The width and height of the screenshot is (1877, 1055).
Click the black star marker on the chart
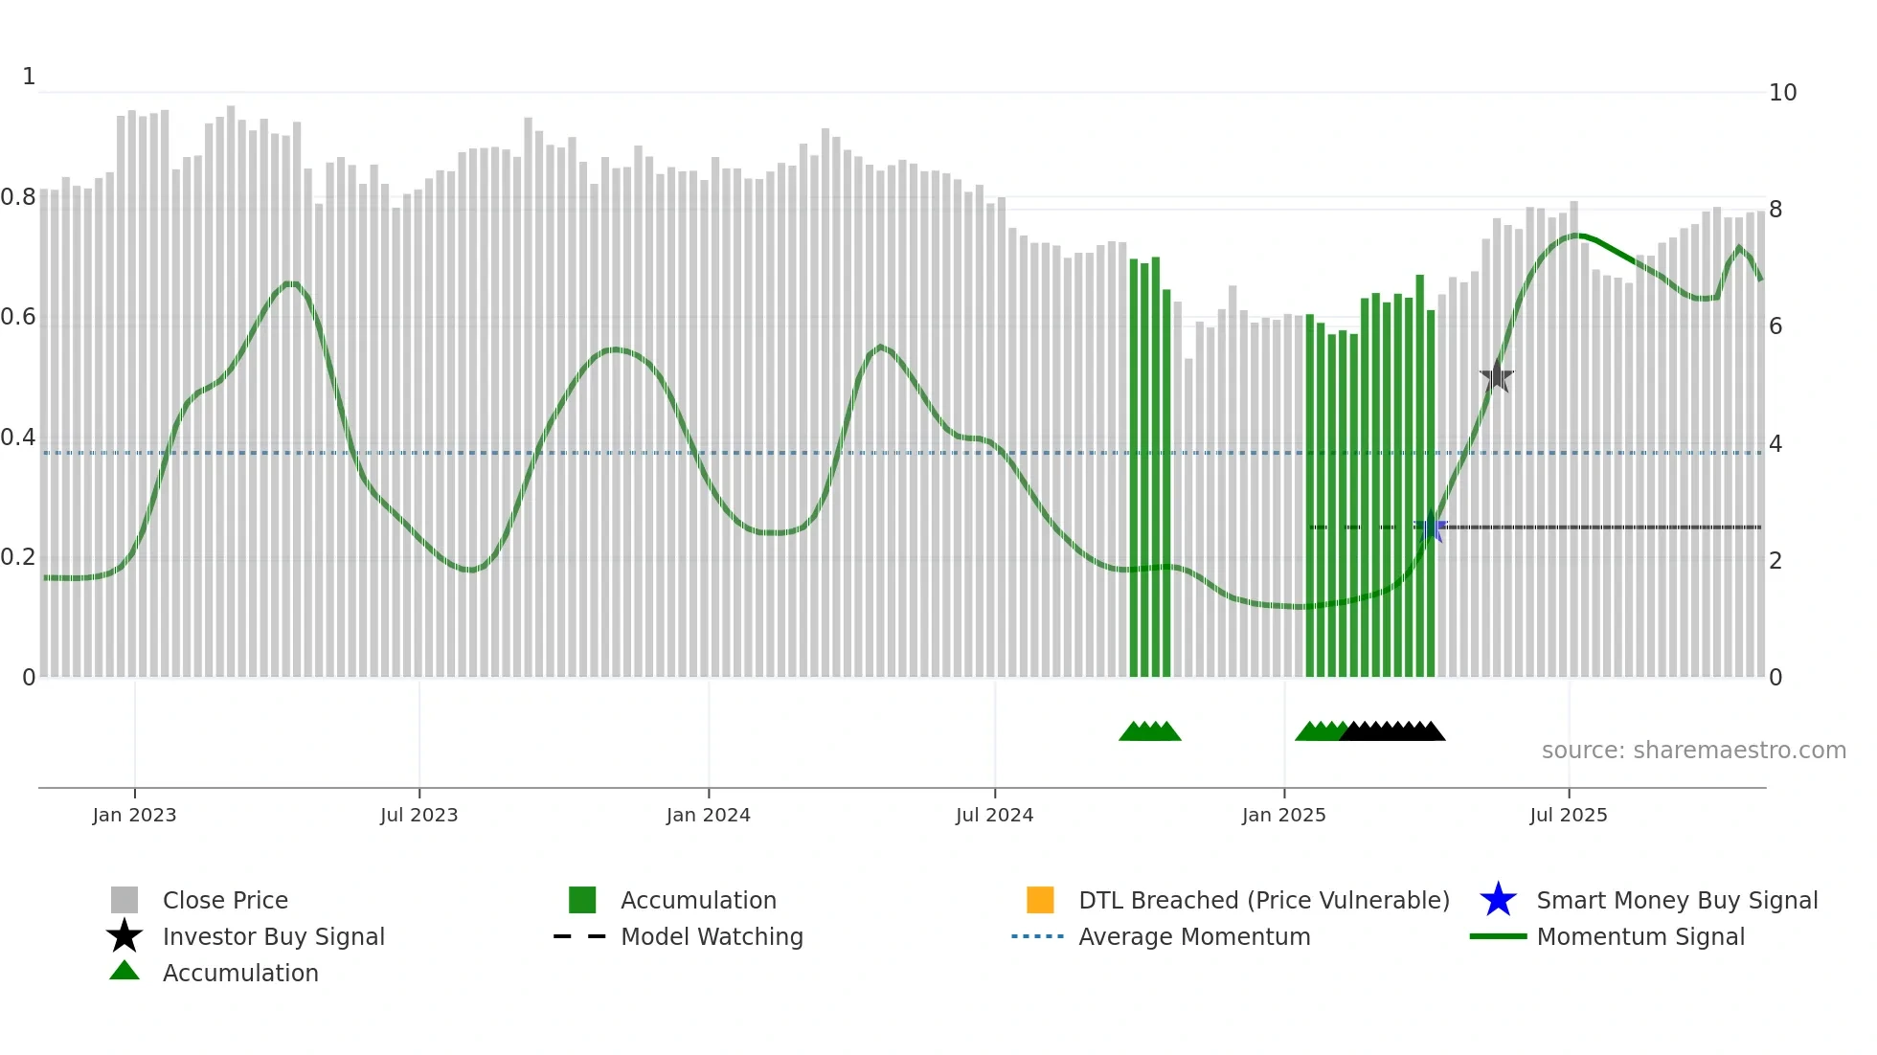1496,376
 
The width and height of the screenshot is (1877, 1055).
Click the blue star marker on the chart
1431,527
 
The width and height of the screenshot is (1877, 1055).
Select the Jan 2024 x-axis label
708,815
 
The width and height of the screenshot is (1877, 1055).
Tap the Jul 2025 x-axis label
1568,815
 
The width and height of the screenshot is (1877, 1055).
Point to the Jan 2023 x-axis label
134,815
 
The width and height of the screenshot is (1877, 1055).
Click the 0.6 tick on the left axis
18,317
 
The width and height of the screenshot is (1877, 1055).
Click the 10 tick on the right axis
1782,93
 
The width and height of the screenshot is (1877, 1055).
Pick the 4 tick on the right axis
1775,443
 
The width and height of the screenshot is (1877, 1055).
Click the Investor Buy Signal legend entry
273,936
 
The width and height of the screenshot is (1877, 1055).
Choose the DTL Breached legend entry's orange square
1040,900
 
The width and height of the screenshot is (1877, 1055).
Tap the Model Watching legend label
712,936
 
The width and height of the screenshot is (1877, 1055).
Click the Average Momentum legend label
1194,936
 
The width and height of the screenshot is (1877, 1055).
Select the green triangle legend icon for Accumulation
124,971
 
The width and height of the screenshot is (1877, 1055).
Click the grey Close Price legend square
124,900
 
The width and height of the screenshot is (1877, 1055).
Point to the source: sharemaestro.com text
1693,750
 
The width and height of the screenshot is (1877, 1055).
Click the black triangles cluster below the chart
1393,731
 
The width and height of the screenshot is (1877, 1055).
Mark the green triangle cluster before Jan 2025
1149,731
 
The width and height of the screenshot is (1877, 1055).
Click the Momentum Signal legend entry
1640,936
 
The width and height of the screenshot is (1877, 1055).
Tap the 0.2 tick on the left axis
18,557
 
